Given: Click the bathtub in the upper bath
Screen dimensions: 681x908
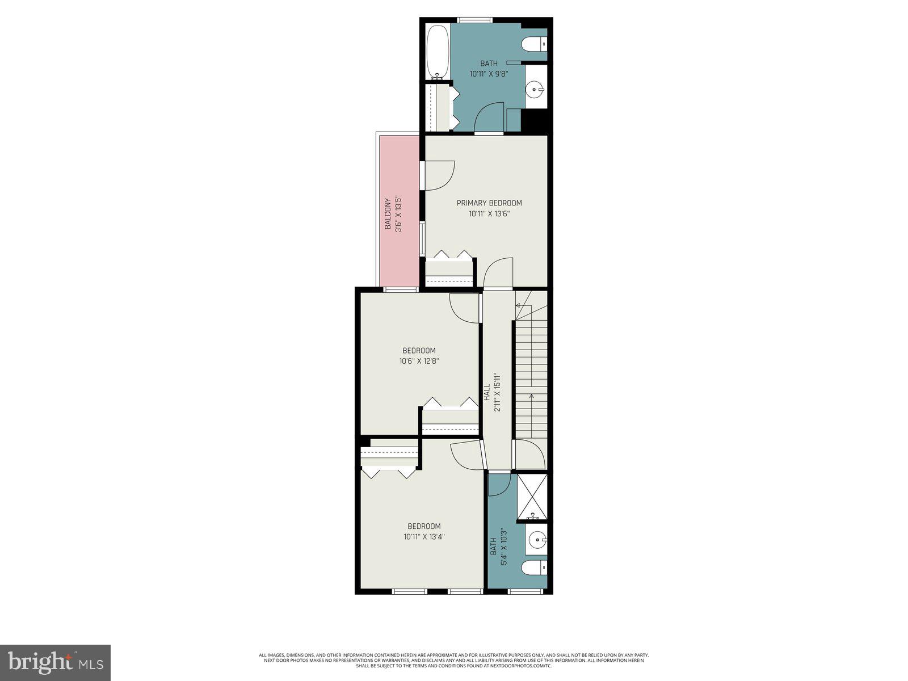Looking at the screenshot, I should pyautogui.click(x=437, y=52).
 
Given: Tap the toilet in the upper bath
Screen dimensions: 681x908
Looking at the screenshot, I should pyautogui.click(x=533, y=43).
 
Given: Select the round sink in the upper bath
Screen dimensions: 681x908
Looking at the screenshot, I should pyautogui.click(x=534, y=89).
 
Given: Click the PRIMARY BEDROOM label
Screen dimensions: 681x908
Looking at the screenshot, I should pyautogui.click(x=489, y=203).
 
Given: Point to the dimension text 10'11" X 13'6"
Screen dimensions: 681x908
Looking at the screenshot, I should pyautogui.click(x=489, y=214).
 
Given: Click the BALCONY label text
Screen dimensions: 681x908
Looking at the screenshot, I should pyautogui.click(x=388, y=214).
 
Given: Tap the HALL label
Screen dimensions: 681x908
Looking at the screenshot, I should pyautogui.click(x=487, y=393).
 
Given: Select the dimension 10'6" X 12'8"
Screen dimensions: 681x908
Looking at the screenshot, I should pyautogui.click(x=419, y=361).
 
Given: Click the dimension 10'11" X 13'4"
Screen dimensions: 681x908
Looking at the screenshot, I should pyautogui.click(x=424, y=536).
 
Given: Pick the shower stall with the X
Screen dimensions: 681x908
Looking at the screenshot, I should pyautogui.click(x=532, y=497).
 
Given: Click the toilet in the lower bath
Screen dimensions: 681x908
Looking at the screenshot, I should pyautogui.click(x=534, y=567).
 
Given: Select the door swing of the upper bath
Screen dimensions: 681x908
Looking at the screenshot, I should pyautogui.click(x=489, y=117).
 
